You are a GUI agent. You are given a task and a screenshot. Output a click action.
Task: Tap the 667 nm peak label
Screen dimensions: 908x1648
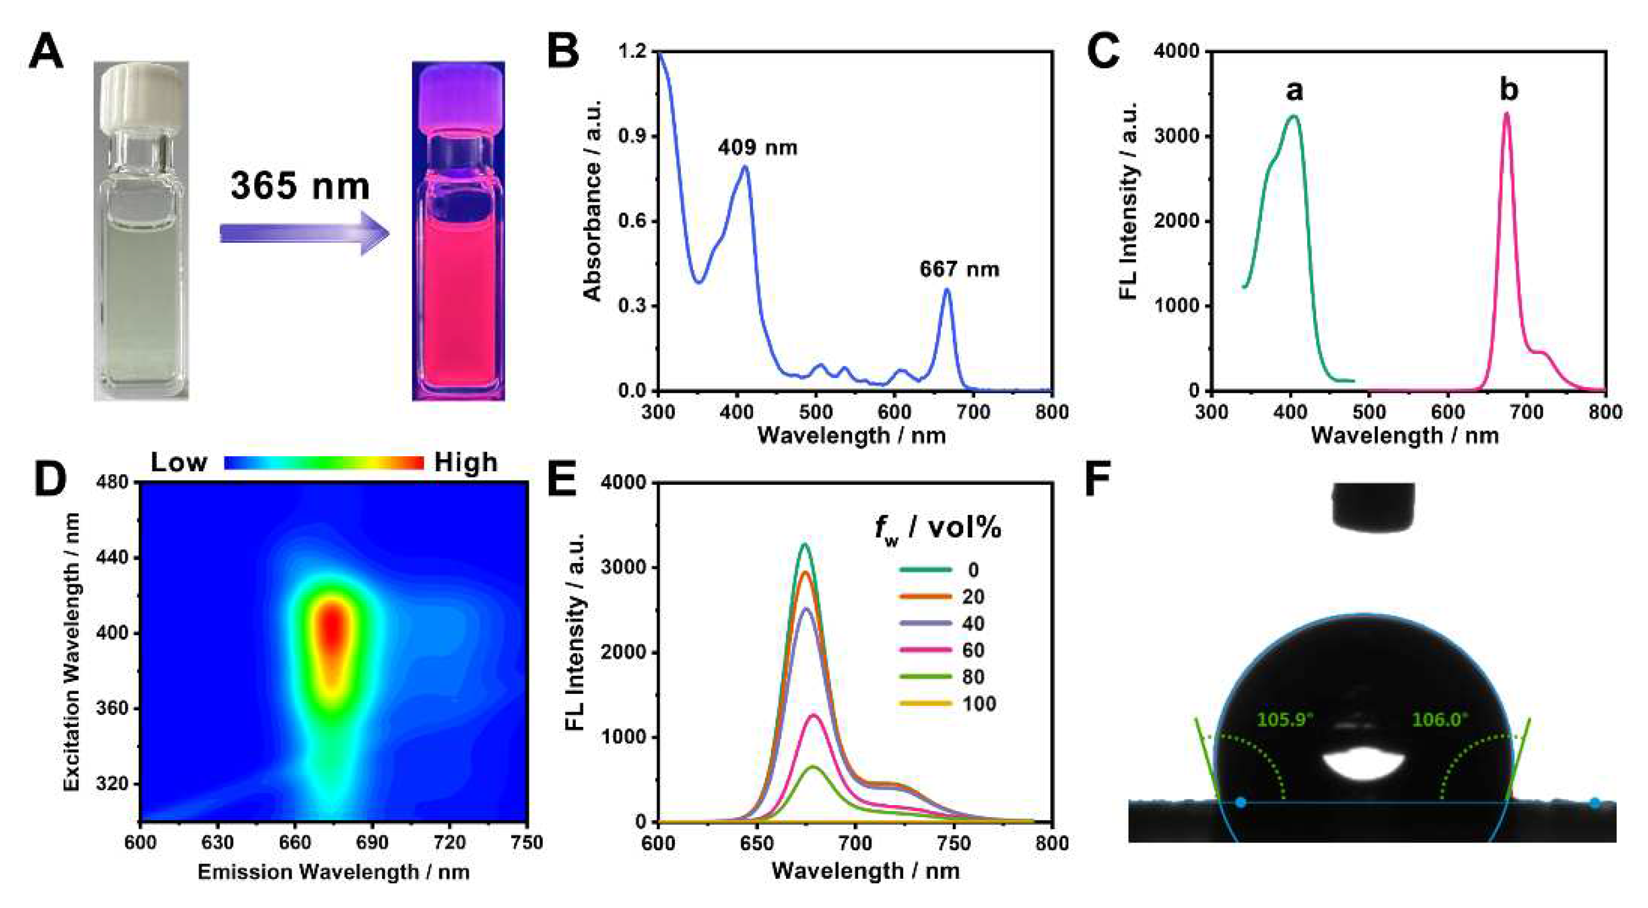click(x=959, y=269)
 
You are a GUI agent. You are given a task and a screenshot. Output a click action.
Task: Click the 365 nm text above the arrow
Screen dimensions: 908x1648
click(x=300, y=186)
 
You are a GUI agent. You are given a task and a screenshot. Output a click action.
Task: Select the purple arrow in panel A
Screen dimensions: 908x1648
click(x=304, y=233)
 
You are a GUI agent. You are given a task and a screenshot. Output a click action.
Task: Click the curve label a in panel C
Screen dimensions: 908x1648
click(x=1294, y=90)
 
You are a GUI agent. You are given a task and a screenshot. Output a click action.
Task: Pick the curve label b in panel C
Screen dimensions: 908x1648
click(x=1509, y=90)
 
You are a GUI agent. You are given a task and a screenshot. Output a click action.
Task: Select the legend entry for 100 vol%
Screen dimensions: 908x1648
click(x=947, y=704)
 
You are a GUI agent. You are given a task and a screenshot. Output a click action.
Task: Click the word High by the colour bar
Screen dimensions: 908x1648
click(x=466, y=462)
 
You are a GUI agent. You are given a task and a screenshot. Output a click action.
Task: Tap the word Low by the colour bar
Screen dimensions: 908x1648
click(x=178, y=462)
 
